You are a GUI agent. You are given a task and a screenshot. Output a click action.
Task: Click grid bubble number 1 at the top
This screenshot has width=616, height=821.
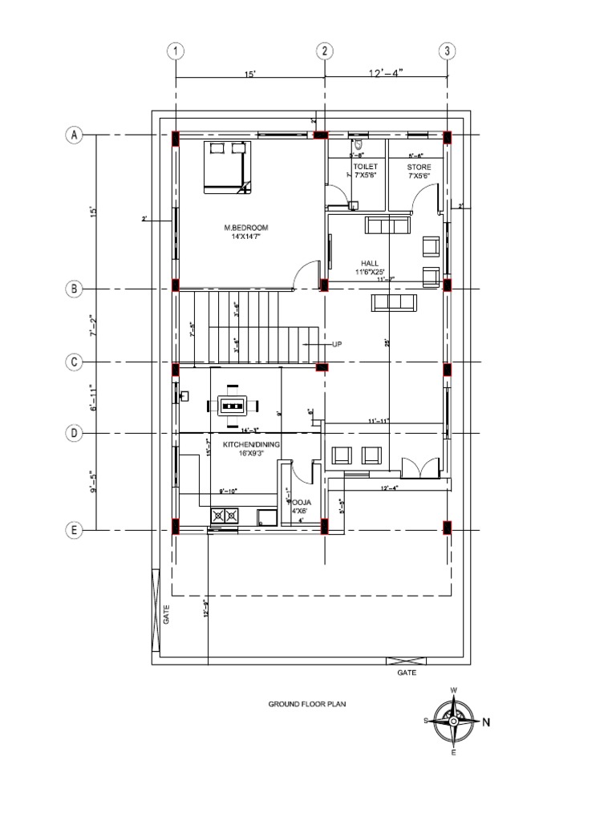(x=175, y=51)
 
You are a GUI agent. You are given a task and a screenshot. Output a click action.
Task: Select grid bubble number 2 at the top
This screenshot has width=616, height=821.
(x=325, y=51)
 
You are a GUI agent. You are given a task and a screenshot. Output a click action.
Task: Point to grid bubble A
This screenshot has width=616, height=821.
(x=74, y=135)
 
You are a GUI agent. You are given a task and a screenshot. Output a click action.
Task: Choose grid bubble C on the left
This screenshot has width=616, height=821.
(x=74, y=362)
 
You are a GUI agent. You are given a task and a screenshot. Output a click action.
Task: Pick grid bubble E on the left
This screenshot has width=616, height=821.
(x=74, y=530)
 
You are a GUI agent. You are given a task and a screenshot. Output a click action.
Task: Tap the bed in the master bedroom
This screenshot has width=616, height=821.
(x=226, y=167)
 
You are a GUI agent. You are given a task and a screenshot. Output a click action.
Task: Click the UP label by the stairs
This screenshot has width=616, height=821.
(x=337, y=343)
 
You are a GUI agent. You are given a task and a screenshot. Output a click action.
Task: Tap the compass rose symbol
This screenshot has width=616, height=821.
(x=454, y=720)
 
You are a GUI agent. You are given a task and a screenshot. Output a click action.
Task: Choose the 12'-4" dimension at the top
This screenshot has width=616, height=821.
(x=386, y=73)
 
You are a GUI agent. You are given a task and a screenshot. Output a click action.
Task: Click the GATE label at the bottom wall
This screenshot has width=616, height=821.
(x=407, y=673)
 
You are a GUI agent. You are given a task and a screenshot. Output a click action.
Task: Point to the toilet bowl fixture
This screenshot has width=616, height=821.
(x=358, y=147)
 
